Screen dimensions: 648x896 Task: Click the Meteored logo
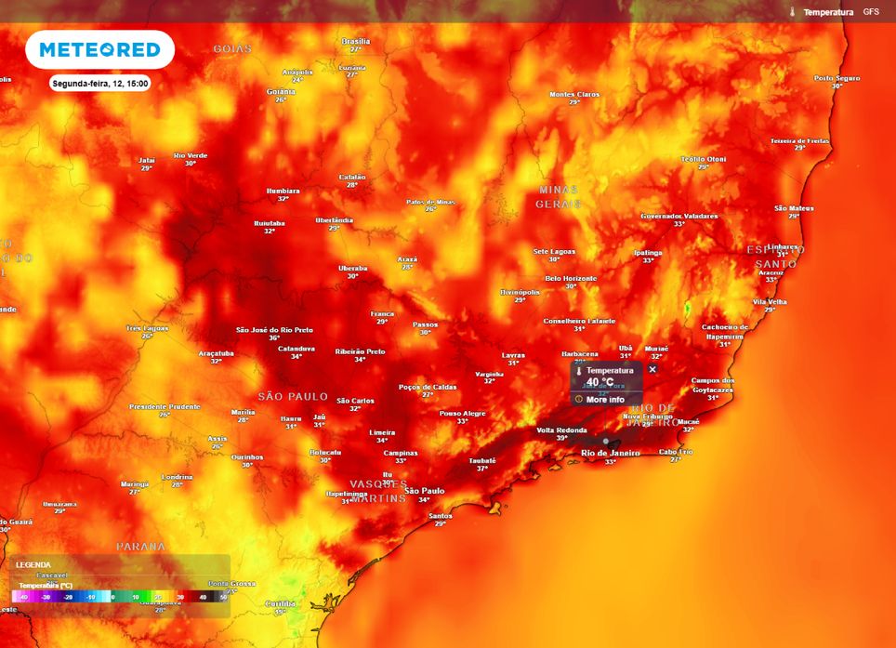pos(99,50)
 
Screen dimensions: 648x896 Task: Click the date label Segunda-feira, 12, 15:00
pos(100,83)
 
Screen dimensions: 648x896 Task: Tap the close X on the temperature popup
pos(652,369)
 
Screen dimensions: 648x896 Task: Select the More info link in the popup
pos(605,399)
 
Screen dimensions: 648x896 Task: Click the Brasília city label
pos(355,42)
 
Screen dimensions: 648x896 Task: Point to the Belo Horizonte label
pos(571,278)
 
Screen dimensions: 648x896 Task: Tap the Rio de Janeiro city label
pos(610,453)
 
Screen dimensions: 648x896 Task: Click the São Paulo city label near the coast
pos(425,490)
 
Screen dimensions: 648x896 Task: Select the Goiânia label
pos(281,91)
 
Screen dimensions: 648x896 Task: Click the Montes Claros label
pos(574,94)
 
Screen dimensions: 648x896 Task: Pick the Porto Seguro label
pos(837,78)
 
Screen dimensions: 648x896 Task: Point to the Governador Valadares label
pos(679,216)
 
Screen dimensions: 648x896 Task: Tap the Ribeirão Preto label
pos(361,351)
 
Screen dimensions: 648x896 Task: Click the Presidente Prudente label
pos(165,406)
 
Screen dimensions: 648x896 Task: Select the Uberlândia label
pos(334,220)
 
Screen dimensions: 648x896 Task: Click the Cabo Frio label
pos(676,452)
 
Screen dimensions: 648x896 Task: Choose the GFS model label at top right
pos(871,12)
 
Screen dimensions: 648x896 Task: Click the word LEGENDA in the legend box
pos(33,564)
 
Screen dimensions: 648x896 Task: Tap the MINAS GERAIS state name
pos(558,195)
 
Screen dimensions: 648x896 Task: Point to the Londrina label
pos(177,477)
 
